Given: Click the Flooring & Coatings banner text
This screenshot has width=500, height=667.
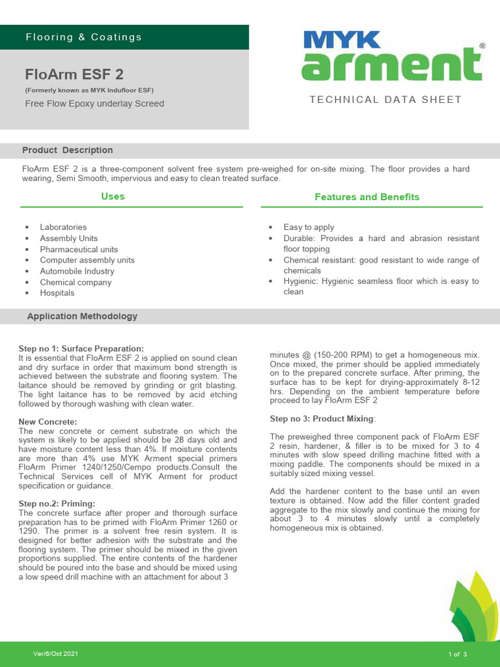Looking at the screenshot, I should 83,37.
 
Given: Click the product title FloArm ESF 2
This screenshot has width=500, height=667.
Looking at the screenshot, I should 74,74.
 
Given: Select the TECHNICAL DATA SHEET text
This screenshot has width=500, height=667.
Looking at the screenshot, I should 385,100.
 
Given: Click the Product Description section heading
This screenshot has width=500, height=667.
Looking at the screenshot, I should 68,150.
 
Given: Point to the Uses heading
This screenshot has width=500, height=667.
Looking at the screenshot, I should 113,196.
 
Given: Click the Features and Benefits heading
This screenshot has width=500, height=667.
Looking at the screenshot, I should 367,197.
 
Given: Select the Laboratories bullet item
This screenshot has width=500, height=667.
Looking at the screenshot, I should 63,227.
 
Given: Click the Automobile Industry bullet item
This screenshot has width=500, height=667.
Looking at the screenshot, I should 77,271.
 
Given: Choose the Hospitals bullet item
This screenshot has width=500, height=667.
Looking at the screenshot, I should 57,293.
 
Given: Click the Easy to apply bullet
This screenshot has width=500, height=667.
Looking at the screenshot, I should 309,227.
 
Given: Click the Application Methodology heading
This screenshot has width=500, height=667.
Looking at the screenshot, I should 82,317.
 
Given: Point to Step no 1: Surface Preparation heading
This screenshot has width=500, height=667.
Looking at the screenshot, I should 81,349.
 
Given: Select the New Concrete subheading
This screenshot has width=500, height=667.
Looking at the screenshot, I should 48,422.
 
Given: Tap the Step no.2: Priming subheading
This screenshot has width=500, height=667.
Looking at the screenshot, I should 57,504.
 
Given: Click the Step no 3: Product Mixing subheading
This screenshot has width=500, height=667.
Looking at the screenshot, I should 322,418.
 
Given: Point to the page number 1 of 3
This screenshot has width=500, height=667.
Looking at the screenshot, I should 458,653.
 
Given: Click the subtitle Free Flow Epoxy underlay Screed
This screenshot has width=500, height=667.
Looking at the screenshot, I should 94,104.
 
